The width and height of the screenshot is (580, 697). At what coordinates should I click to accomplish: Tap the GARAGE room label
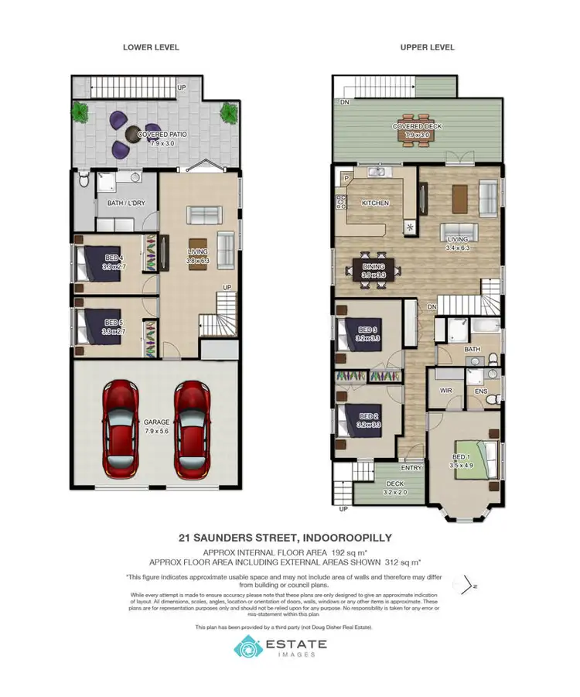point(158,422)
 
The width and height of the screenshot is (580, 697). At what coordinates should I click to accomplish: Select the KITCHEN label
point(375,203)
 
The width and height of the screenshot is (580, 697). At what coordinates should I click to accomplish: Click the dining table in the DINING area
point(374,268)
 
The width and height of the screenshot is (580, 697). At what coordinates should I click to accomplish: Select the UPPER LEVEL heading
point(427,47)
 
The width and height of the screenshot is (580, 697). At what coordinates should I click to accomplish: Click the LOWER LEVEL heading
point(151,47)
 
